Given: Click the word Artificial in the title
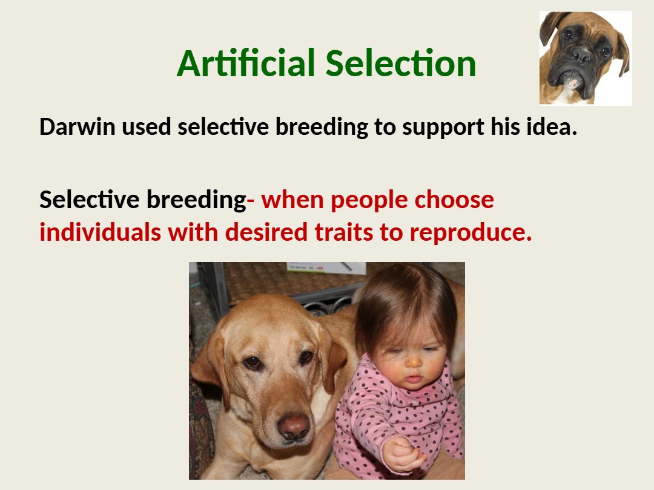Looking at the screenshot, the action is click(x=246, y=64).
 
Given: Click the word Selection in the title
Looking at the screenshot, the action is click(x=400, y=64).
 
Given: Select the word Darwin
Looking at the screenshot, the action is click(x=77, y=126).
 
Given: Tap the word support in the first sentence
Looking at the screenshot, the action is click(x=443, y=128).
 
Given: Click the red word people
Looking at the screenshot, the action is click(x=369, y=201).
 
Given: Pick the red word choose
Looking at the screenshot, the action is click(x=454, y=199).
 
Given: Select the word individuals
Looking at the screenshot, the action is click(x=100, y=232).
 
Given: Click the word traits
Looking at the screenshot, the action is click(x=344, y=232).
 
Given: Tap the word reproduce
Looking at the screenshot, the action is click(x=471, y=234).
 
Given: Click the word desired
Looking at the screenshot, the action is click(x=266, y=232).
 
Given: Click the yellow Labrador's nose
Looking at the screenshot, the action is click(x=294, y=425).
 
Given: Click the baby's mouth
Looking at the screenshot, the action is click(x=414, y=379).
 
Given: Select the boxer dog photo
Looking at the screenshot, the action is click(x=586, y=58).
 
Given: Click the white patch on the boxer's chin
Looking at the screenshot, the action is click(x=573, y=81).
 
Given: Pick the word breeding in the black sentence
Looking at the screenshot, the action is click(x=322, y=128).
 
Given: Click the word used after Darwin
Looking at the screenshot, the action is click(x=147, y=126).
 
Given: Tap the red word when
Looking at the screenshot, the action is click(x=292, y=199).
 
